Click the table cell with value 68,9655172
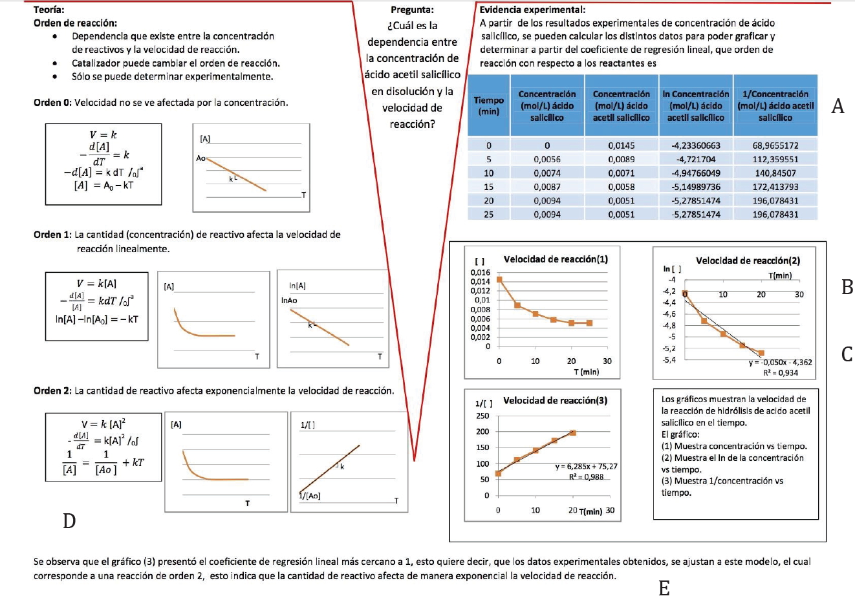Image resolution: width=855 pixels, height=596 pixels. (775, 145)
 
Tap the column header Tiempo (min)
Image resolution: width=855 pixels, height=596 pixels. (488, 105)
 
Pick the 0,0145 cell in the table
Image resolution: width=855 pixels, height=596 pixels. (621, 145)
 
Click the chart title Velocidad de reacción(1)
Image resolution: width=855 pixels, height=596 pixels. (556, 259)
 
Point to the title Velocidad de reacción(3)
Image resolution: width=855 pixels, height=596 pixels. (555, 400)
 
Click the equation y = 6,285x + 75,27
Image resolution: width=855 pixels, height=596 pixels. (587, 466)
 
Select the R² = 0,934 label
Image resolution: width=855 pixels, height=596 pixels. (781, 372)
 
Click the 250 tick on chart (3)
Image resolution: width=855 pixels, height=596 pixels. (482, 416)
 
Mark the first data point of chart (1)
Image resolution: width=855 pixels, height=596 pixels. (499, 280)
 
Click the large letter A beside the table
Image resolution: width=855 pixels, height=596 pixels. (838, 107)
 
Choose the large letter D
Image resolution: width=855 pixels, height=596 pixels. (69, 520)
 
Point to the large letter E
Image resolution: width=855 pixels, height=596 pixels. (664, 587)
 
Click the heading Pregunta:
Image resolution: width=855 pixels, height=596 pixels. (412, 10)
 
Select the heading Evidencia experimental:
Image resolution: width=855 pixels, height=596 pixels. (532, 9)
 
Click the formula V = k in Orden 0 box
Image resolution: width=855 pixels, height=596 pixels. (103, 134)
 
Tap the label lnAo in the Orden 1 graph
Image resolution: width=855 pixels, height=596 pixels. (289, 301)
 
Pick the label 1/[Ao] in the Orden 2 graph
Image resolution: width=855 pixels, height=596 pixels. (309, 496)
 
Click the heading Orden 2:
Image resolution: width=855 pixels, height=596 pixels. (52, 390)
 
